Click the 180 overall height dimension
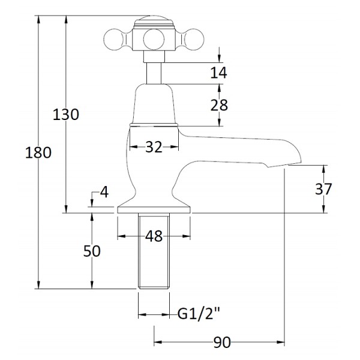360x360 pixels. click(x=38, y=153)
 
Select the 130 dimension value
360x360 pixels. click(x=66, y=115)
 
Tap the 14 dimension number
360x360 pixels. click(x=219, y=73)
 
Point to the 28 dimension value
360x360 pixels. click(x=219, y=105)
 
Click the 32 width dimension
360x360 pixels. click(x=154, y=147)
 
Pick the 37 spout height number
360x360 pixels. click(x=323, y=189)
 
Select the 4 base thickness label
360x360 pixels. click(x=104, y=192)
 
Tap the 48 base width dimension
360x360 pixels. click(x=154, y=236)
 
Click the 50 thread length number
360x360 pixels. click(x=92, y=251)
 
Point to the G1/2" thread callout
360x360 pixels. click(x=199, y=313)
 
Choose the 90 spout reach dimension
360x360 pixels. click(x=222, y=343)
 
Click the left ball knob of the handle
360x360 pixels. click(x=113, y=40)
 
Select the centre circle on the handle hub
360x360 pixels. click(x=154, y=40)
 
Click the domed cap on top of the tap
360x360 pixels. click(x=154, y=22)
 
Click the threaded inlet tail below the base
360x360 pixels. click(x=154, y=250)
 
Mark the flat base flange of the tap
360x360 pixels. click(x=154, y=209)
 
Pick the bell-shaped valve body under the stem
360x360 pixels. click(x=154, y=104)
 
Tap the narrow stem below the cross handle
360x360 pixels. click(x=154, y=73)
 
